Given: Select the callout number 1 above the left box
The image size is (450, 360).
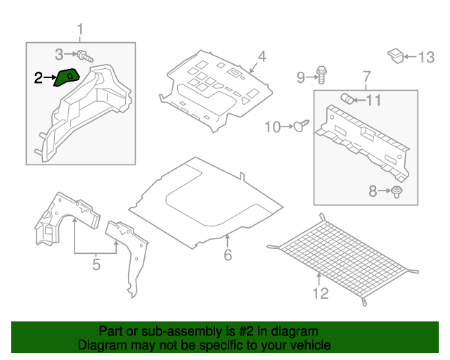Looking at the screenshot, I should point(79,30).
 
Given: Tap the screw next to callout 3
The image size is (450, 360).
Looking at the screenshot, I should point(85,55).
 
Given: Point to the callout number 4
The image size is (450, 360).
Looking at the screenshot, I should point(261,57).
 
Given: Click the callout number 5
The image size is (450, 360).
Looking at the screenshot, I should point(96,264).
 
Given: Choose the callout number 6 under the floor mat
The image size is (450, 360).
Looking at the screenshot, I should point(227,255).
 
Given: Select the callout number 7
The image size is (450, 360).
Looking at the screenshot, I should point(366,76).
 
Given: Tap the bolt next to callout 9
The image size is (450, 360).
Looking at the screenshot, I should point(322,72).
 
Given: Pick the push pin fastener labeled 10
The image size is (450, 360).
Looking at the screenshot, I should point(303,126).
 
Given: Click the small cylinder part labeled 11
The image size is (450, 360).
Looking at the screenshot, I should point(347,98).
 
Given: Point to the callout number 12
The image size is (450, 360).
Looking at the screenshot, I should point(320,293).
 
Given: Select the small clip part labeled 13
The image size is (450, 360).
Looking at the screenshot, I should point(396,55).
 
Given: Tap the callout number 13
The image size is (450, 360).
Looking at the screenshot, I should point(427,58).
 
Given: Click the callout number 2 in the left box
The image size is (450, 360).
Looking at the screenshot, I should point(39,79).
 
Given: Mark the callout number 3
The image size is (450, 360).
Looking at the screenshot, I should point(59,53).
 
